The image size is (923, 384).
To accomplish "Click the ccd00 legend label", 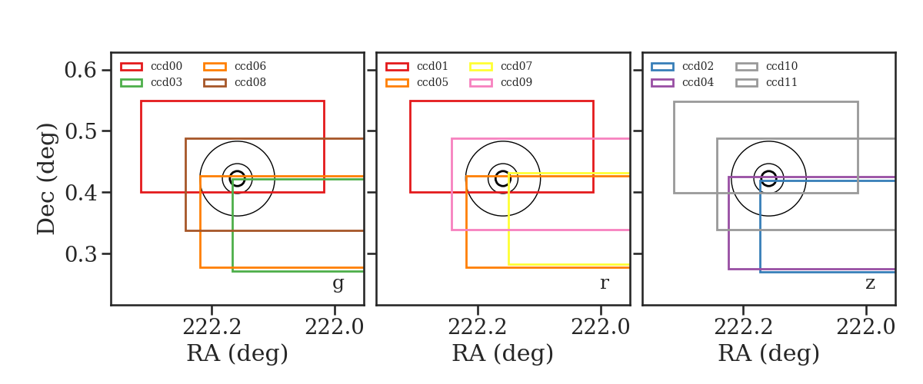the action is [x=166, y=66].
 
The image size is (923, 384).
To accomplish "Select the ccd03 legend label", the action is [x=166, y=82].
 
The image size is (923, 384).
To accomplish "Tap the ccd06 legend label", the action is [x=250, y=66].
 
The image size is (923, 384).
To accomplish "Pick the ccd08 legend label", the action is [x=250, y=82].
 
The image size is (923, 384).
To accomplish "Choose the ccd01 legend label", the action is [x=432, y=66].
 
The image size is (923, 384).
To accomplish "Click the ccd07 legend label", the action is [x=516, y=66].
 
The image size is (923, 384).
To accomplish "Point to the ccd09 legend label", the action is [x=516, y=82].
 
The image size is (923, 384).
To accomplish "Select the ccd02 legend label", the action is [x=698, y=66].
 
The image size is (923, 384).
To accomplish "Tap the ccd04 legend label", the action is [x=698, y=82].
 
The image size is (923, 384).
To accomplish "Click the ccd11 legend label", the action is [x=781, y=82].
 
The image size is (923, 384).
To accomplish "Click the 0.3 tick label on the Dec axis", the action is [x=81, y=254].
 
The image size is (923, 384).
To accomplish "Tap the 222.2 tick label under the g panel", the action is [x=212, y=328].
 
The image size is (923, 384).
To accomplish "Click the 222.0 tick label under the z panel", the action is [x=866, y=328].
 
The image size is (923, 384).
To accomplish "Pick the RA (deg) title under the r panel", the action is [x=503, y=353].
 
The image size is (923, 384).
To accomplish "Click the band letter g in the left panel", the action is [x=338, y=283].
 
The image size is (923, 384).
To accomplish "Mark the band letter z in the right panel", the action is [x=870, y=283].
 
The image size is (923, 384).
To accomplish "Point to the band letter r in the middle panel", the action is [x=604, y=283].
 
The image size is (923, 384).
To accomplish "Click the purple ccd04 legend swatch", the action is [x=662, y=83].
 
